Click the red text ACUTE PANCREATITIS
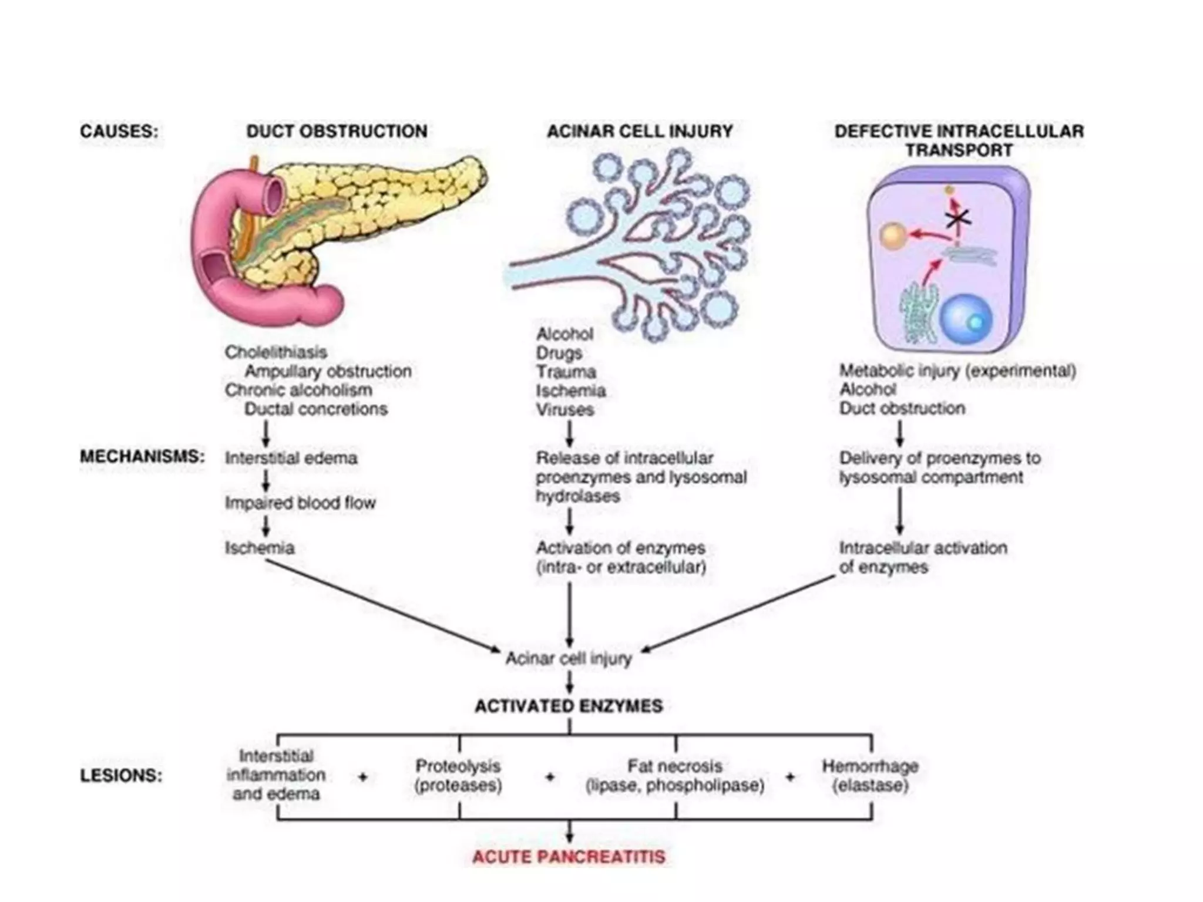569,857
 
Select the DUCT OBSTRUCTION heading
337,131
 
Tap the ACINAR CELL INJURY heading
640,131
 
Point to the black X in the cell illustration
958,218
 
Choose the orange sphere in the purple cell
893,236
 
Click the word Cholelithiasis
275,352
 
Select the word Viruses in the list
564,409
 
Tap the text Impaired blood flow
300,503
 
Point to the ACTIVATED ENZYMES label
569,706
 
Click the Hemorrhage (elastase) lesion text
870,775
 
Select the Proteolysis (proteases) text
458,775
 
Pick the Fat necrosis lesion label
674,766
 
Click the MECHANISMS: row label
142,457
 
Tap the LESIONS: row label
121,776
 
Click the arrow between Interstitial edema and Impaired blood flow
266,480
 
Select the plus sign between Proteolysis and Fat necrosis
550,777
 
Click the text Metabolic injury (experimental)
957,371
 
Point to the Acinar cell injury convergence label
569,659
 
